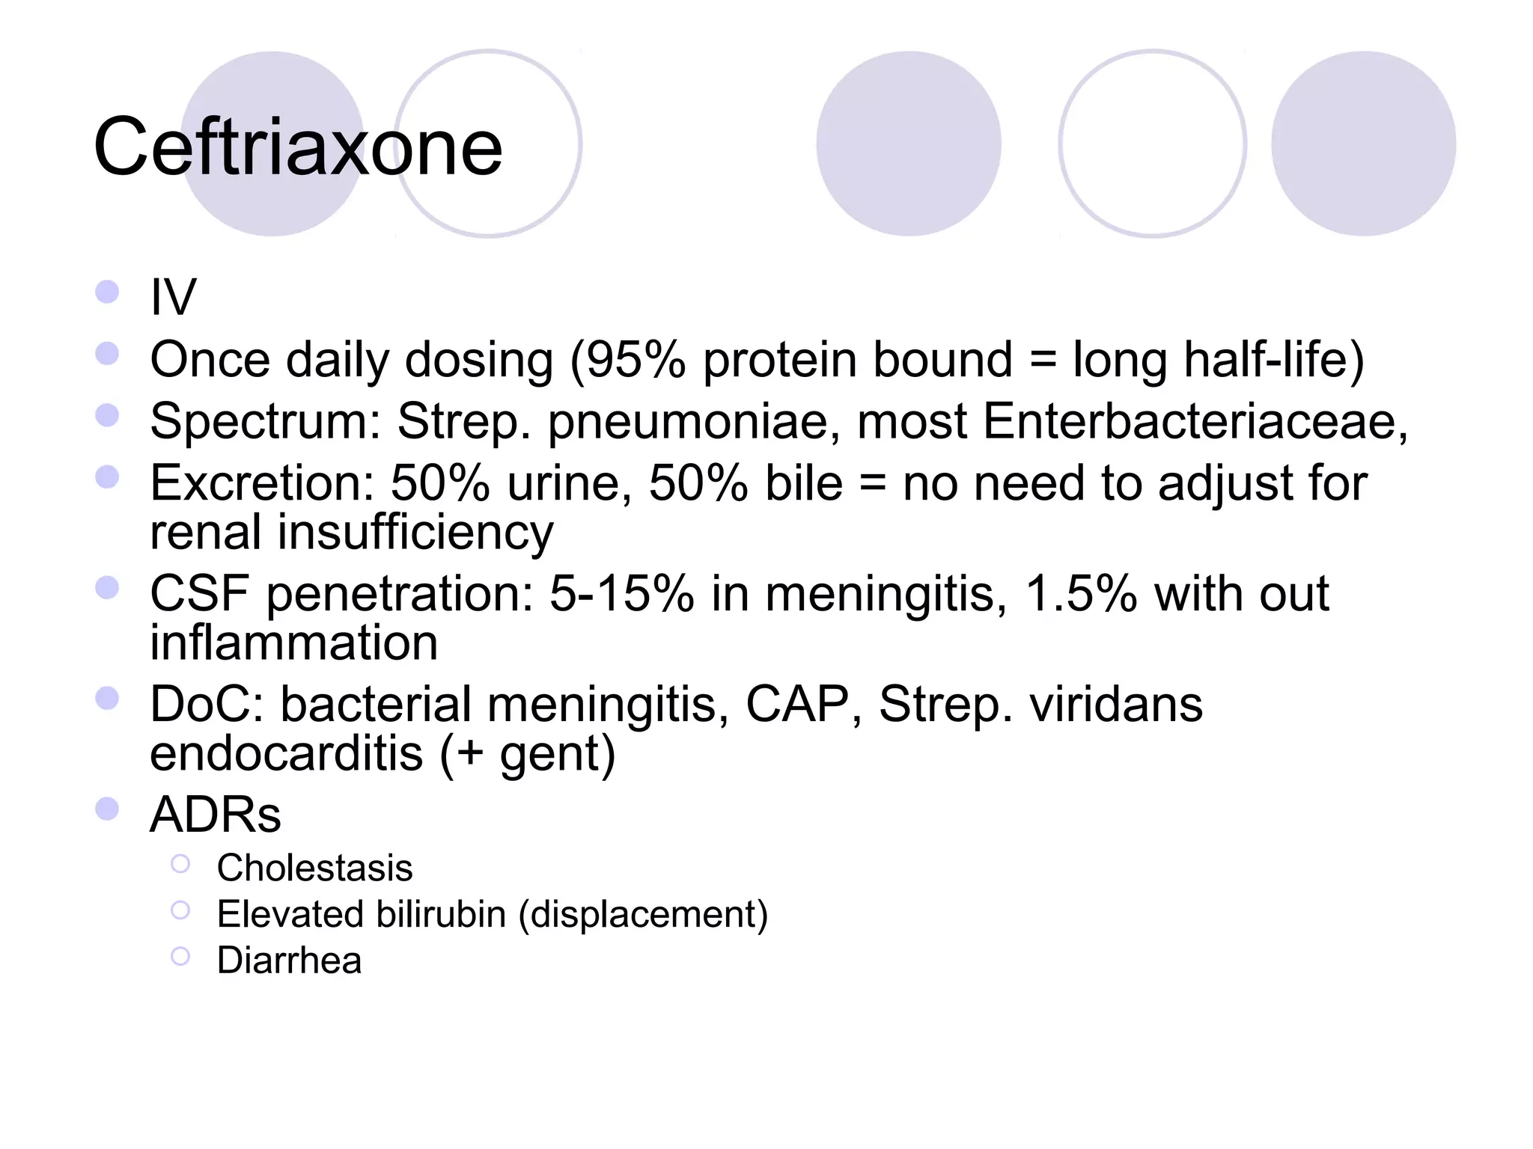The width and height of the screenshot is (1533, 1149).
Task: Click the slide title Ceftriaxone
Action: (x=298, y=147)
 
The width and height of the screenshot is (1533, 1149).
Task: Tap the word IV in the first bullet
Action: (x=173, y=298)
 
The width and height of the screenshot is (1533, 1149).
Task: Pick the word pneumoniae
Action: (x=688, y=423)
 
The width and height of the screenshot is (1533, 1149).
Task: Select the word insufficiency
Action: (x=415, y=533)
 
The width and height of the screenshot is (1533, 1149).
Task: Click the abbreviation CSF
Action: (x=199, y=594)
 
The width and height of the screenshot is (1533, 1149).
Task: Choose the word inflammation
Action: (x=293, y=643)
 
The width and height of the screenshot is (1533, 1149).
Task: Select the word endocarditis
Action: (x=286, y=753)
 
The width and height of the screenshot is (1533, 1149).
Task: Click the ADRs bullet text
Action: (x=216, y=815)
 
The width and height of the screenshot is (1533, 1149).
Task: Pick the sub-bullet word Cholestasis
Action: (x=314, y=868)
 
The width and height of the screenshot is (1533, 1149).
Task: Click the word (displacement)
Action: (x=643, y=915)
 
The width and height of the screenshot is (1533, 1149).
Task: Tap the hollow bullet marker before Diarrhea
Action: (x=180, y=956)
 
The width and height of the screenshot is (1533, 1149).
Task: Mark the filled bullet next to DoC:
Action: (x=108, y=699)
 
